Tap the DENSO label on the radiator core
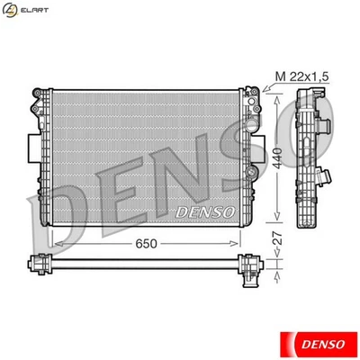(x=204, y=211)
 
